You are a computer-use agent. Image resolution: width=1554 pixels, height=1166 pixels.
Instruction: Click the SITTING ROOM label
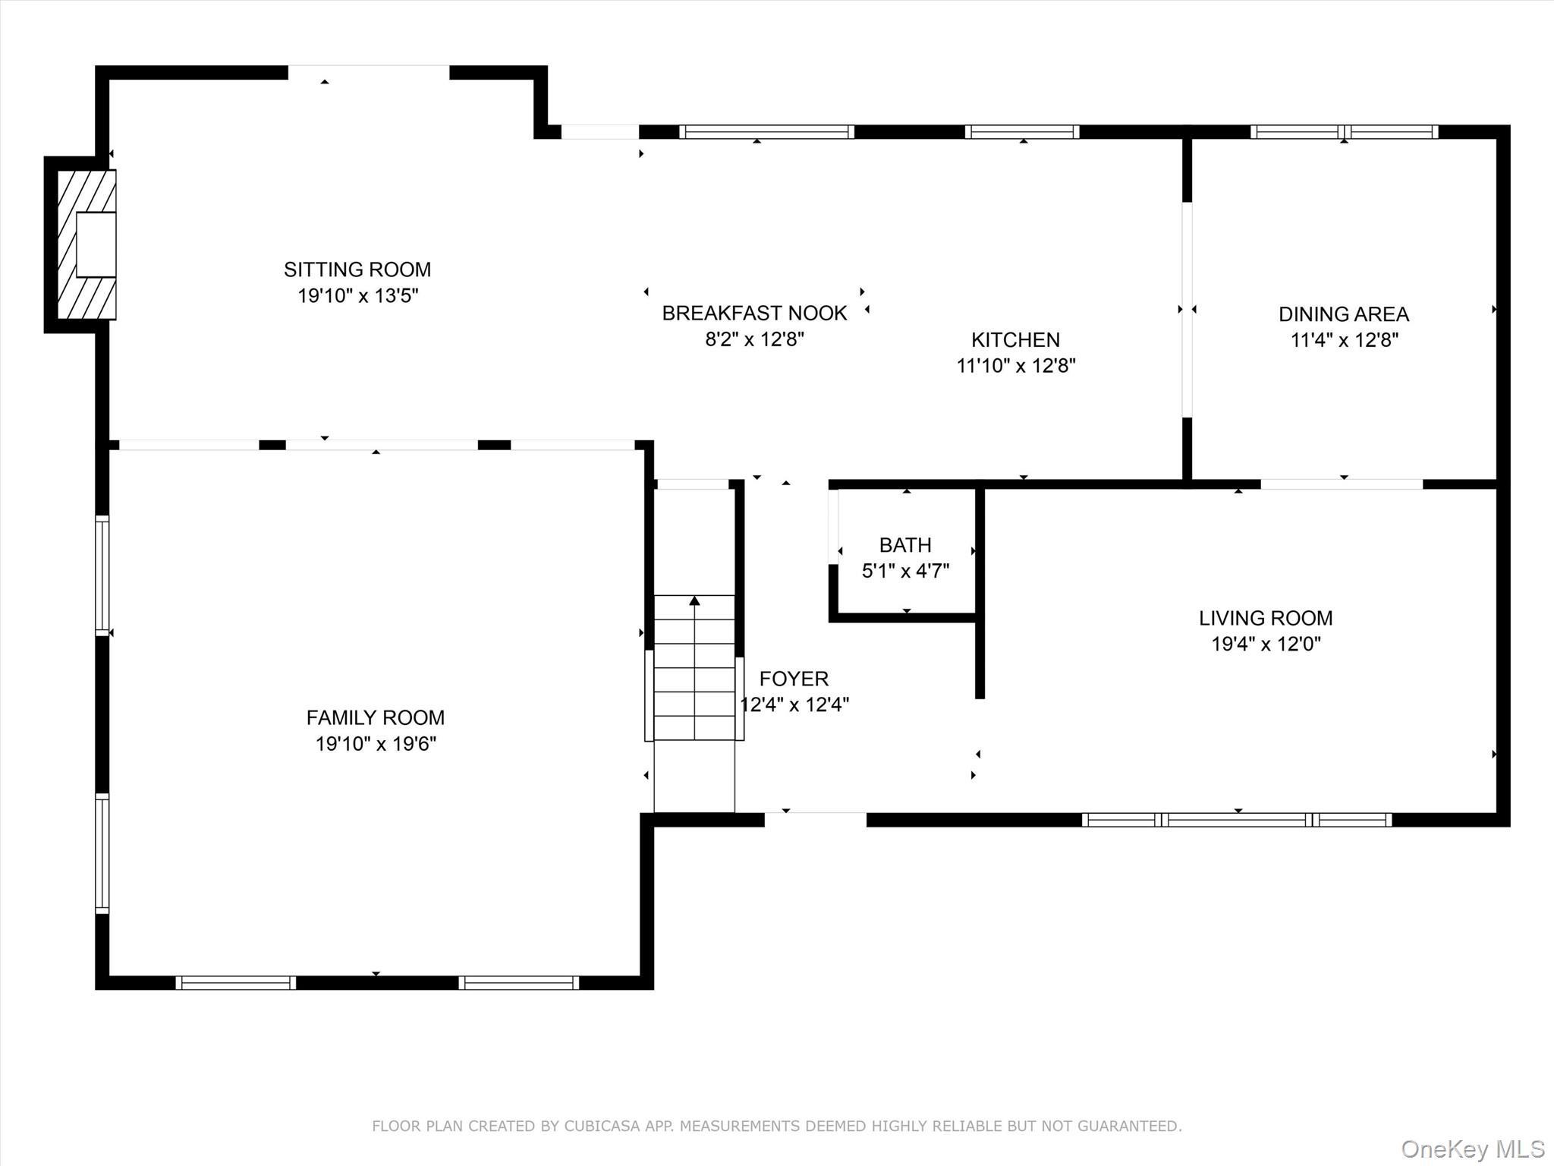click(x=357, y=269)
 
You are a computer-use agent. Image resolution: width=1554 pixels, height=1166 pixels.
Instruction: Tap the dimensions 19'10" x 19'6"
click(x=376, y=744)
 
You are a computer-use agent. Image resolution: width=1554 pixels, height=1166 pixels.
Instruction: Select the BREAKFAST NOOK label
click(x=754, y=313)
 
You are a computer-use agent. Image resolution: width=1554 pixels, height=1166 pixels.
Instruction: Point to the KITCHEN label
click(x=1015, y=339)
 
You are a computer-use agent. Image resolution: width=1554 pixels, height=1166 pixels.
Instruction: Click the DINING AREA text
click(x=1343, y=314)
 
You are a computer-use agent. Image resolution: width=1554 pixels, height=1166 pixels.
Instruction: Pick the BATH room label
click(x=905, y=545)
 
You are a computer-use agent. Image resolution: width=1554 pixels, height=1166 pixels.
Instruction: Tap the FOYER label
click(x=794, y=679)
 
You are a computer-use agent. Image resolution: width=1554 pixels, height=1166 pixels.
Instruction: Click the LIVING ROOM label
click(x=1266, y=618)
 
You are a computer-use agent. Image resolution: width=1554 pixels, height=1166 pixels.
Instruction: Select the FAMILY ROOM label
click(x=376, y=717)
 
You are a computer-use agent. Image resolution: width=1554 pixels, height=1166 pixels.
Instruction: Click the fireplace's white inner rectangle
click(x=96, y=244)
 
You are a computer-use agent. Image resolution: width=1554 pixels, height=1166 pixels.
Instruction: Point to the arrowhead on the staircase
click(x=694, y=601)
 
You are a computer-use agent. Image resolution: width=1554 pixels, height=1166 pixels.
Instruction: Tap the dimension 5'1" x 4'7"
click(x=905, y=571)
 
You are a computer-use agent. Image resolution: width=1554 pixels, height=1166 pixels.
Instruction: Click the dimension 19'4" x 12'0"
click(x=1266, y=644)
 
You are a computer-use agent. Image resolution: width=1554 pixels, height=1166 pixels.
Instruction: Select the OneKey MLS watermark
click(x=1472, y=1149)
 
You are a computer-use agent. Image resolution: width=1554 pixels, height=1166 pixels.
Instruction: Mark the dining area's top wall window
click(x=1344, y=132)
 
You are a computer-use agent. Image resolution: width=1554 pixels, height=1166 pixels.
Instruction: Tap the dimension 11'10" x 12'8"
click(x=1015, y=366)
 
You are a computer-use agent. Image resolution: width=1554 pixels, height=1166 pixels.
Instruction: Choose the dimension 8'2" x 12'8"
click(x=754, y=339)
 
